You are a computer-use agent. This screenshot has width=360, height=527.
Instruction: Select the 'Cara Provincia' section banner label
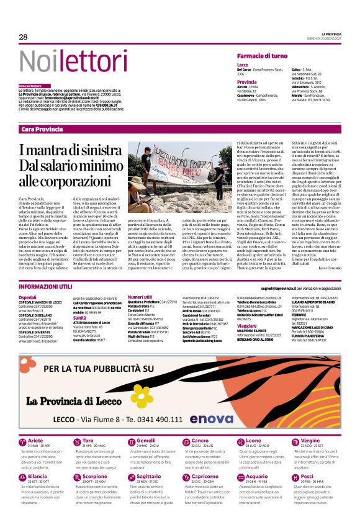coord(42,129)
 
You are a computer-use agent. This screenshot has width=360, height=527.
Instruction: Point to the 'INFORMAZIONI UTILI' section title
coord(45,287)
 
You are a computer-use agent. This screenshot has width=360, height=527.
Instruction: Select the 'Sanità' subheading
coord(81,317)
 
